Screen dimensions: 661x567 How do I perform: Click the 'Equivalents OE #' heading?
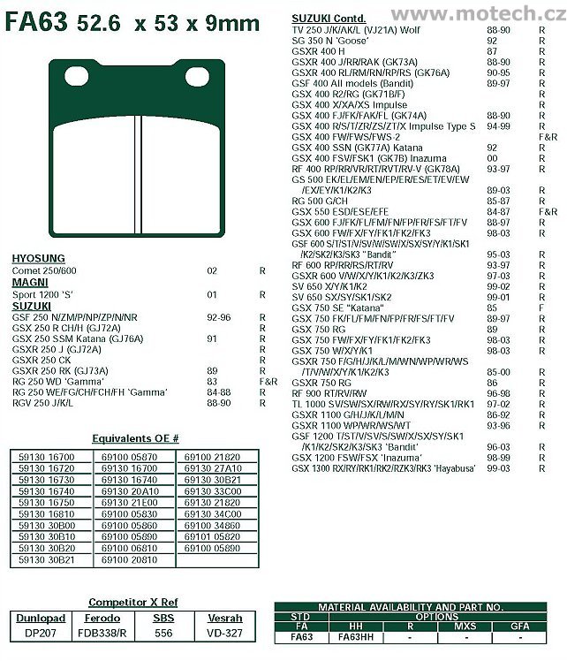tap(135, 437)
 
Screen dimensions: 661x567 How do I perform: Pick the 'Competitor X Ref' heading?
tap(129, 601)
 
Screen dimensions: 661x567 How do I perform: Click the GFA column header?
tap(520, 626)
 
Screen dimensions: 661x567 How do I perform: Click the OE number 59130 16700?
tap(46, 457)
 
